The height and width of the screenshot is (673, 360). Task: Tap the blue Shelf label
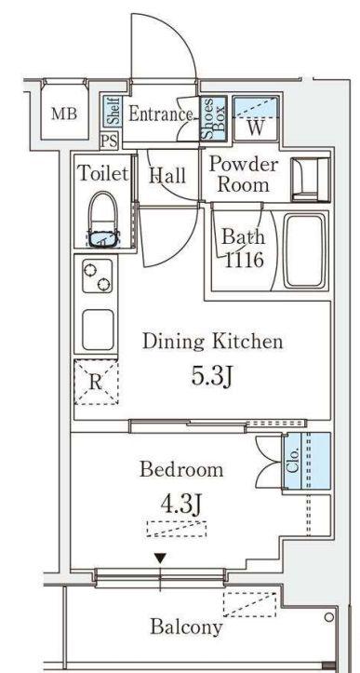coord(113,111)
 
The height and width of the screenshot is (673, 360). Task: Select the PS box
coord(109,141)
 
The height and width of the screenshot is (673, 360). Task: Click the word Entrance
coord(161,114)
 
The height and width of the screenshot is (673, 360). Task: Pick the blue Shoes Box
coord(213,118)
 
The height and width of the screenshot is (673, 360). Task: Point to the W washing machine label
coord(256,128)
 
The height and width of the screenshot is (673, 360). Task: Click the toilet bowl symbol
coord(103,220)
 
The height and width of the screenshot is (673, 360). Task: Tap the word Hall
coord(167,176)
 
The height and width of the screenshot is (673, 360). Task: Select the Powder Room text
coord(244,175)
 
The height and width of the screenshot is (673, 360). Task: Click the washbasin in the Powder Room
coord(310,179)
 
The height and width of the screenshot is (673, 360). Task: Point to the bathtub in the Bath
coord(304,250)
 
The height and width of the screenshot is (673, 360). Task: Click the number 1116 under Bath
coord(244,260)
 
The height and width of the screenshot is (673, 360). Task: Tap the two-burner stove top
coord(98,276)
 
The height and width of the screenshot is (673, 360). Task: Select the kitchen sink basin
coord(98,330)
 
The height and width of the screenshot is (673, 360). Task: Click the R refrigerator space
coord(96,382)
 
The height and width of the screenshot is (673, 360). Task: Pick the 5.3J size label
coord(211,377)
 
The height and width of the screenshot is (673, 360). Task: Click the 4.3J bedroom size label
coord(180,505)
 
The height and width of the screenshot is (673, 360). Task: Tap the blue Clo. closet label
coord(293,462)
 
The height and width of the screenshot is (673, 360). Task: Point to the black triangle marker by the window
coord(161,559)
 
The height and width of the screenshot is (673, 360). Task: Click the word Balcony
coord(186,627)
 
